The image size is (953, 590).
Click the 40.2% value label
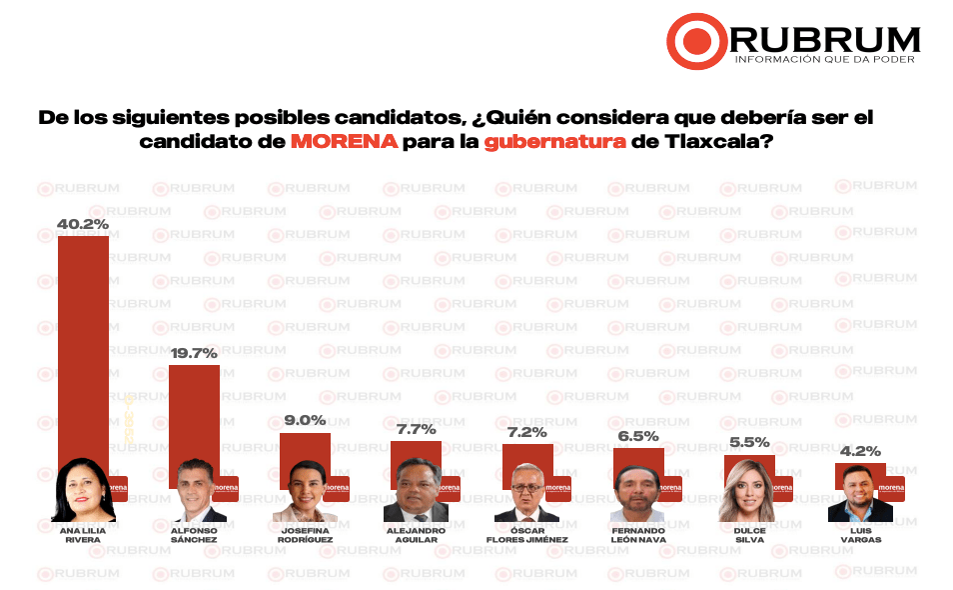point(82,224)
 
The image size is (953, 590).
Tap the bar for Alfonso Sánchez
point(194,410)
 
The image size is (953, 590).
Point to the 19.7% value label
point(194,353)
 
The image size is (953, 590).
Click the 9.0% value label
point(305,421)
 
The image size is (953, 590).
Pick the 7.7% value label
point(416,430)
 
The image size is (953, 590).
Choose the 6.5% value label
point(637,436)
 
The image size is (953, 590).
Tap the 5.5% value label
point(749,441)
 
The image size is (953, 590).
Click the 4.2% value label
point(860,451)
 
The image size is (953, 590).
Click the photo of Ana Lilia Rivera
point(84,492)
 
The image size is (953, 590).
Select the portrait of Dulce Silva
point(749,492)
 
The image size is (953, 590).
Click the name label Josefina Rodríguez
point(305,535)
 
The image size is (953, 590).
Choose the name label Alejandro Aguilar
point(416,535)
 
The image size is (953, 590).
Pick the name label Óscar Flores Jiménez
point(526,535)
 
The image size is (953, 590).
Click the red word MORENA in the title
point(344,142)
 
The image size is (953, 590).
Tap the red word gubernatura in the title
point(554,142)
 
